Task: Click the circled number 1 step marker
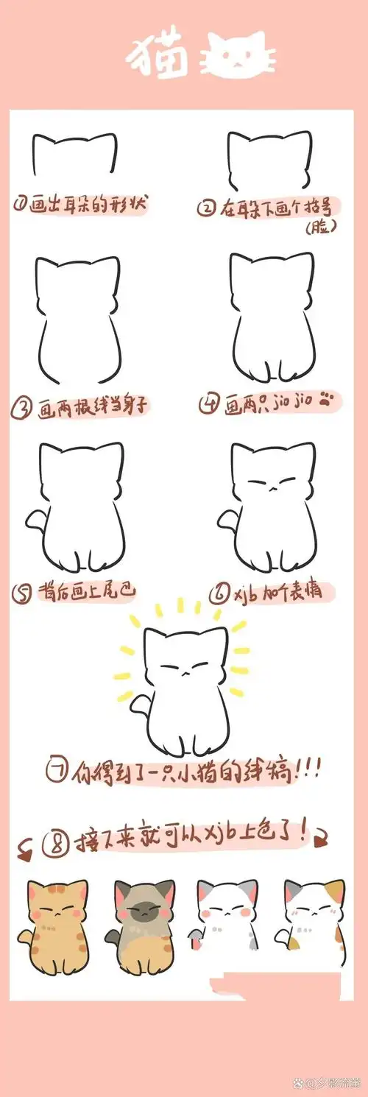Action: (x=21, y=204)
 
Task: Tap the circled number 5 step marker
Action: (x=21, y=590)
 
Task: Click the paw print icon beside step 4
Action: (x=328, y=401)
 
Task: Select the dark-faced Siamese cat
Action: (x=143, y=923)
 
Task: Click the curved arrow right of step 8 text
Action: (x=322, y=836)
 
